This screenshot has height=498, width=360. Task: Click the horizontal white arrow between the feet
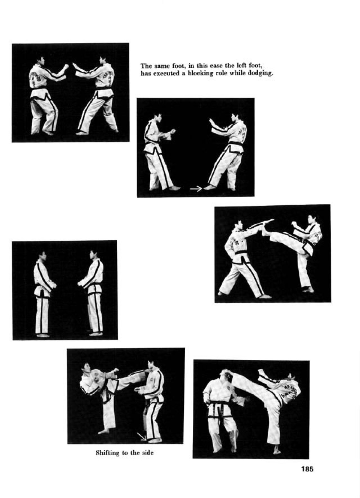click(x=196, y=189)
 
